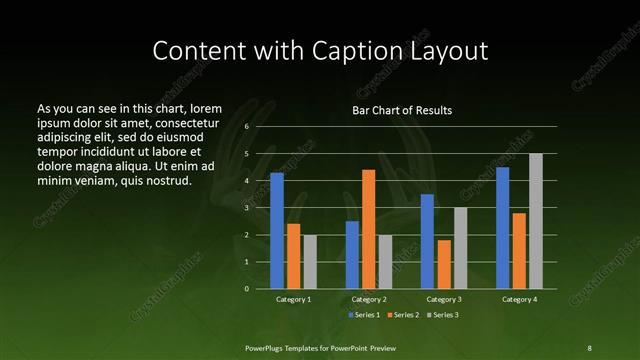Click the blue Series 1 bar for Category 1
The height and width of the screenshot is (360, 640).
click(277, 231)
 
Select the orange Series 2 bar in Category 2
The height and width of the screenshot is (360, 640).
click(368, 229)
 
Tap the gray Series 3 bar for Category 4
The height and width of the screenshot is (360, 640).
click(535, 221)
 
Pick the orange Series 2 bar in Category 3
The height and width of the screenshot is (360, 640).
click(444, 264)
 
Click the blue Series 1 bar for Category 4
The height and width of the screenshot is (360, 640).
click(502, 228)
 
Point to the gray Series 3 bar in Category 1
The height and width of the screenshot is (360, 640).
click(310, 262)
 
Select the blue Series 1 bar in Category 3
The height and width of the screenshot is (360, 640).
click(427, 241)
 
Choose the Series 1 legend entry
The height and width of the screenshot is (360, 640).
click(362, 316)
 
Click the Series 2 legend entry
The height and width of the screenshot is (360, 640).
click(402, 316)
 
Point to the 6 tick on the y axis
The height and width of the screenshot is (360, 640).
click(246, 127)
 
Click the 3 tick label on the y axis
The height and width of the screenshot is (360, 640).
click(246, 208)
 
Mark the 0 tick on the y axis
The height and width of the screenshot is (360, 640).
click(246, 289)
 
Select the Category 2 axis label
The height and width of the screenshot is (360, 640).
click(369, 300)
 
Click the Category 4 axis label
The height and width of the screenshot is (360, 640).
click(519, 300)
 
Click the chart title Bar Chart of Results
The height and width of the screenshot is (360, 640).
click(402, 111)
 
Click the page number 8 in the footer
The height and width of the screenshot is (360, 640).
click(589, 347)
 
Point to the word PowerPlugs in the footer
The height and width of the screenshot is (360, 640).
click(268, 347)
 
